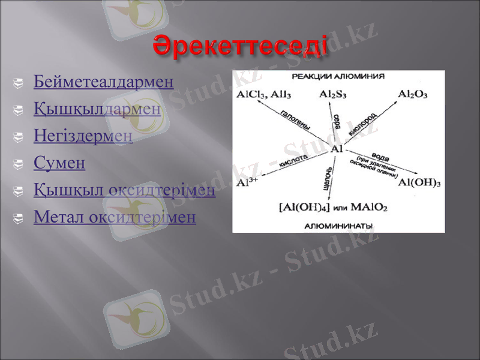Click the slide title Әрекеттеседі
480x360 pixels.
(x=240, y=46)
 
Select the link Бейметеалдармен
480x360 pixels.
(x=104, y=82)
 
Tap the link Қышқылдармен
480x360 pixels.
(x=97, y=109)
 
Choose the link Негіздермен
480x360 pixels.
(x=83, y=136)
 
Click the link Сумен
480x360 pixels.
(x=59, y=163)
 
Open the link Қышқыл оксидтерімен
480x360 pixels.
(x=124, y=190)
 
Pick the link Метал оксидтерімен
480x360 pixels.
(x=115, y=217)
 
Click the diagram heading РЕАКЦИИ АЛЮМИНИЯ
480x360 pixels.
(x=338, y=77)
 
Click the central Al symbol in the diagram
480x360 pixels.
(x=337, y=148)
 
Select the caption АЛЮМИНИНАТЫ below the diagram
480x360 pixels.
(x=338, y=226)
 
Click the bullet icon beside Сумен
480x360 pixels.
(x=22, y=163)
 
